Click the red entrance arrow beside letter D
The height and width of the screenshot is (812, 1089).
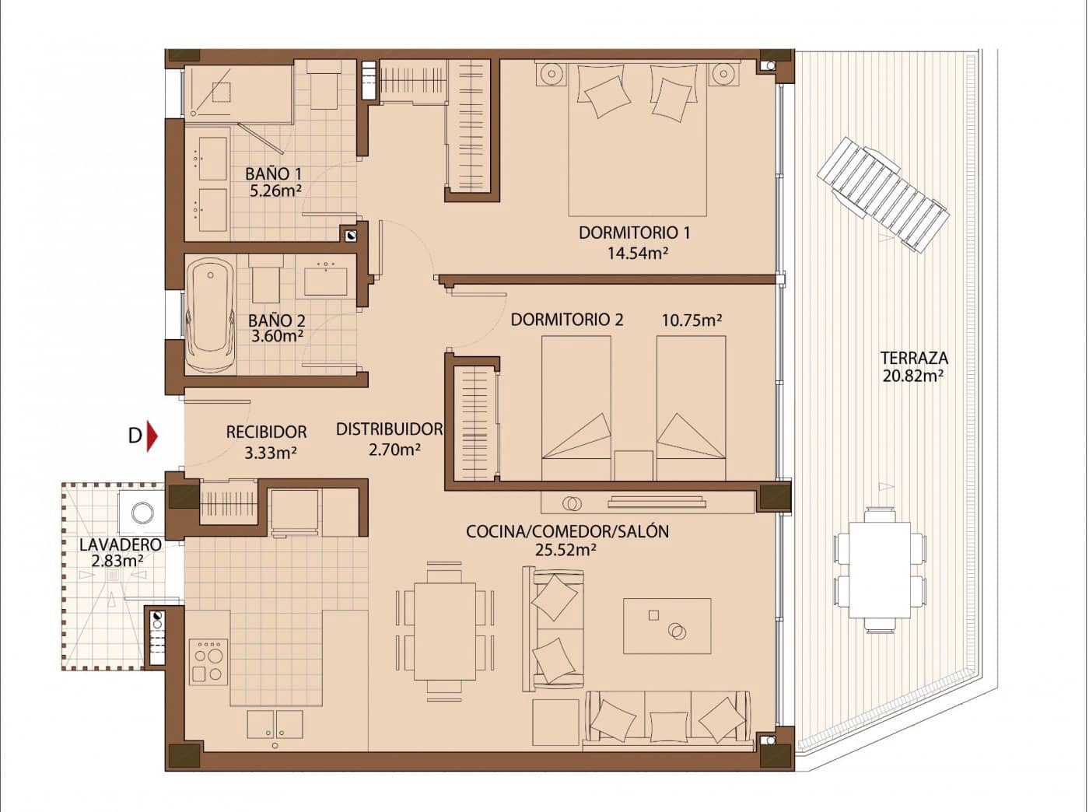(152, 436)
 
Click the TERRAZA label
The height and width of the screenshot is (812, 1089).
(913, 359)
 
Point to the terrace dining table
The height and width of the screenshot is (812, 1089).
(880, 570)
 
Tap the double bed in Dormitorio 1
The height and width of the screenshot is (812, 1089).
(637, 140)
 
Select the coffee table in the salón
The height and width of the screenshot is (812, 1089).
(667, 625)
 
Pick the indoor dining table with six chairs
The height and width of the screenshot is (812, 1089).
(445, 632)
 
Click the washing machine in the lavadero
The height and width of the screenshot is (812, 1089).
(142, 513)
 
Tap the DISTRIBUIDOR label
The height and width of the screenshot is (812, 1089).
(389, 429)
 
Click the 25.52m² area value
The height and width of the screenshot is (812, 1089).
(566, 550)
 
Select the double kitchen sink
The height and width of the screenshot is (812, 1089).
(275, 724)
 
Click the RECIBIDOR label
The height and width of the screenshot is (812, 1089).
(266, 432)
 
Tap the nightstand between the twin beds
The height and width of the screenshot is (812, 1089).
(632, 465)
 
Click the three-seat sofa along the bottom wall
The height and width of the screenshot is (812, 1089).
(668, 717)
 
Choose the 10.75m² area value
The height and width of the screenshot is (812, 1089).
(692, 320)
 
